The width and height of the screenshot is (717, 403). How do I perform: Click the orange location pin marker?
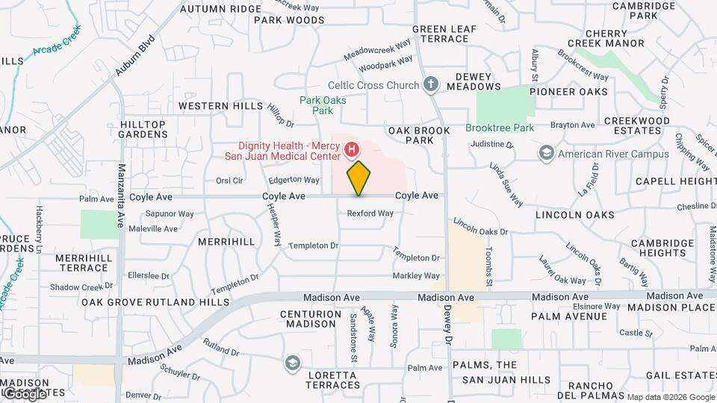click(358, 178)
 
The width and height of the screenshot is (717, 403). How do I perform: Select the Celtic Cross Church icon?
click(430, 84)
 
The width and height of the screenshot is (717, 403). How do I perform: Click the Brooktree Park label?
click(500, 128)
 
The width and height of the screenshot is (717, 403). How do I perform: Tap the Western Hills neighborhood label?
click(220, 106)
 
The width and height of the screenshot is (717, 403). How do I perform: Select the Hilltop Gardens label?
click(144, 129)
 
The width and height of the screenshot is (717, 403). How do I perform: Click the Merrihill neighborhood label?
click(226, 242)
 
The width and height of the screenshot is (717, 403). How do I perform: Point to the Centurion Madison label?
click(311, 319)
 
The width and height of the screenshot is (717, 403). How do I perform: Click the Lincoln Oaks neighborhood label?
click(575, 215)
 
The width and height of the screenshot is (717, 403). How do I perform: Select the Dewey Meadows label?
click(474, 81)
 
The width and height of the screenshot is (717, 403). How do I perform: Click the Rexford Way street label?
click(370, 213)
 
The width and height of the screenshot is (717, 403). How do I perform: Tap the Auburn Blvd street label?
click(134, 56)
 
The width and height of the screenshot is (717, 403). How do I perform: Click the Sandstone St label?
click(353, 334)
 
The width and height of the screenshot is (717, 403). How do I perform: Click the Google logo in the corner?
click(24, 393)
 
